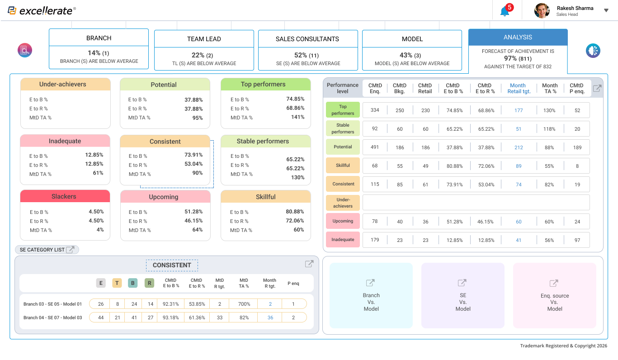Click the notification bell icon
pyautogui.click(x=505, y=11)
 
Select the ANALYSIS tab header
pyautogui.click(x=518, y=37)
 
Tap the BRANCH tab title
pyautogui.click(x=99, y=38)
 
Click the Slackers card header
pyautogui.click(x=65, y=197)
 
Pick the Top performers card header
pyautogui.click(x=265, y=85)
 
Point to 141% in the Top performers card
pyautogui.click(x=297, y=117)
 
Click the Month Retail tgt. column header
pyautogui.click(x=518, y=88)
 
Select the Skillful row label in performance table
pyautogui.click(x=343, y=166)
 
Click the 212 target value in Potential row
pyautogui.click(x=519, y=147)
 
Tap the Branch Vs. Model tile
pyautogui.click(x=371, y=295)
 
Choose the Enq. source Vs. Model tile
pyautogui.click(x=555, y=295)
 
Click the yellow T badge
pyautogui.click(x=117, y=283)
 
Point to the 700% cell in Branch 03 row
pyautogui.click(x=244, y=303)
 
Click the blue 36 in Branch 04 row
pyautogui.click(x=270, y=317)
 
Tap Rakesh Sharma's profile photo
pyautogui.click(x=542, y=10)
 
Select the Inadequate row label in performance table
pyautogui.click(x=343, y=240)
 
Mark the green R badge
pyautogui.click(x=149, y=283)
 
